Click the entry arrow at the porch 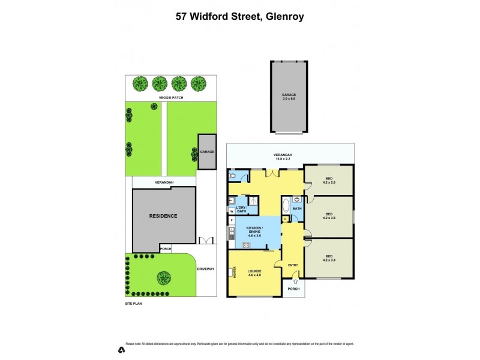tap(295, 281)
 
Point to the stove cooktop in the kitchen tap(247, 244)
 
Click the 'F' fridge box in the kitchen tap(231, 221)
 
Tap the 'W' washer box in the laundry tap(231, 211)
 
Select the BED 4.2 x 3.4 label tap(328, 259)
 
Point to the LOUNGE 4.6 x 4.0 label tap(254, 274)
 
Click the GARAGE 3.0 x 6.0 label tap(289, 97)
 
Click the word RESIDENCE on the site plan tap(163, 216)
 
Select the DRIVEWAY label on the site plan tap(206, 269)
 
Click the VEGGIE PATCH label tap(171, 97)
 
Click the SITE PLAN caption tap(134, 304)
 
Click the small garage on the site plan tap(207, 152)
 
